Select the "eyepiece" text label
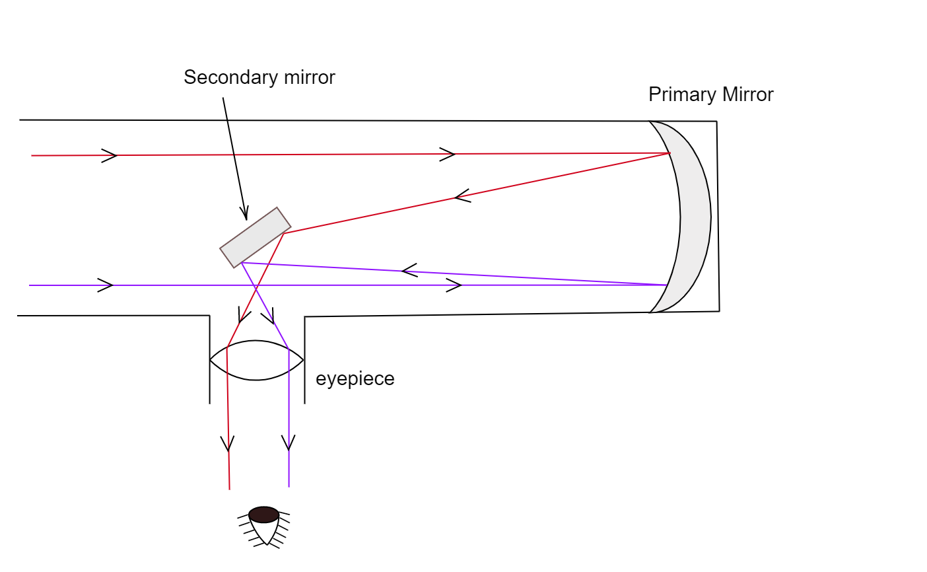click(355, 378)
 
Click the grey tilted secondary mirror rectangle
click(256, 238)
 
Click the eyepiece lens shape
click(256, 361)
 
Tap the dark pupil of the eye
click(263, 514)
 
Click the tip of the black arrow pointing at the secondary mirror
click(246, 219)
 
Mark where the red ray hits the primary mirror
click(670, 153)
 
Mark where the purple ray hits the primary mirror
click(667, 285)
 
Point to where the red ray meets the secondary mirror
click(284, 233)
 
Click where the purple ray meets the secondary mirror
click(242, 263)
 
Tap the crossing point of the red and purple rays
click(256, 289)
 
